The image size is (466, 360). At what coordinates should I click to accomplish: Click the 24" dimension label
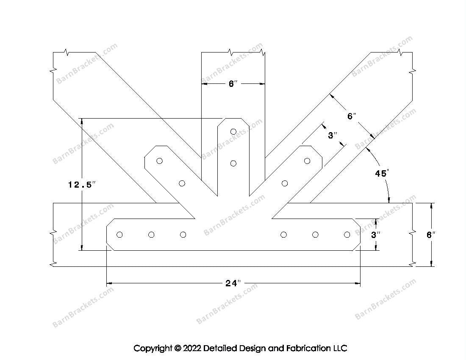click(233, 283)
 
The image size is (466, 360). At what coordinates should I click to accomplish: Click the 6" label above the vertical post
click(233, 84)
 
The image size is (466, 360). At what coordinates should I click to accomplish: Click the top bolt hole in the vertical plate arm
click(233, 131)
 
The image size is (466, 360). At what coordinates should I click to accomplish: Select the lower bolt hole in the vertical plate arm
click(233, 163)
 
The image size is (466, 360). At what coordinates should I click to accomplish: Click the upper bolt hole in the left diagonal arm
click(160, 161)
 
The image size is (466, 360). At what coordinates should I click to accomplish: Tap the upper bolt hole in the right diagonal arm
click(307, 161)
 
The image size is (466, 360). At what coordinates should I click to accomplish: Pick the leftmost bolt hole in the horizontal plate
click(119, 235)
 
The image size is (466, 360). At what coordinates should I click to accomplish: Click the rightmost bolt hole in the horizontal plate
click(347, 235)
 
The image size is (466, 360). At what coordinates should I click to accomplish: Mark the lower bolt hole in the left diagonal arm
click(182, 183)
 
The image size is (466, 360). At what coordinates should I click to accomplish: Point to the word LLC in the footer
click(340, 348)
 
